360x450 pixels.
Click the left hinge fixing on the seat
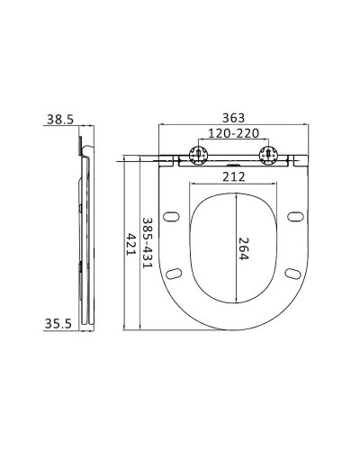(x=198, y=154)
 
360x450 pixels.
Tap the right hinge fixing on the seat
(x=267, y=154)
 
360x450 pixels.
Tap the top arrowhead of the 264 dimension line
(x=238, y=191)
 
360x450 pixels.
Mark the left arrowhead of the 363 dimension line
(x=160, y=127)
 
